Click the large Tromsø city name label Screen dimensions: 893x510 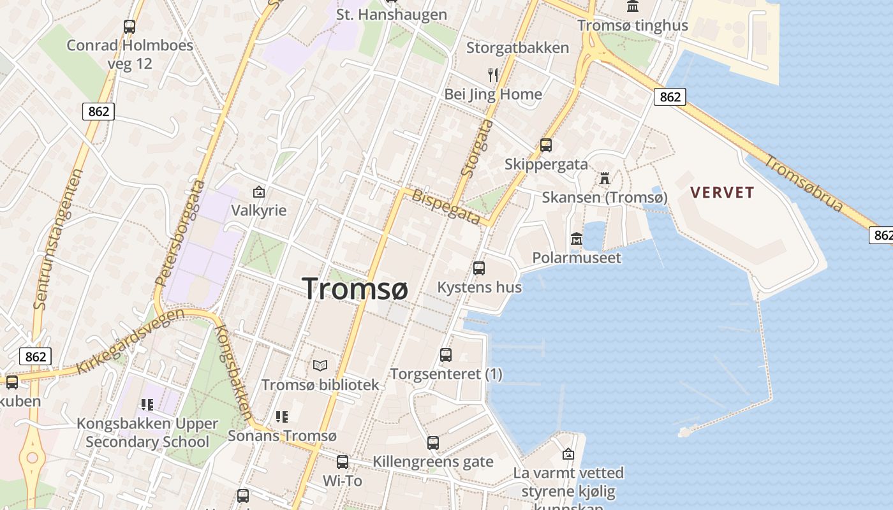point(355,288)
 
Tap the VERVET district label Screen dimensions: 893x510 point(722,193)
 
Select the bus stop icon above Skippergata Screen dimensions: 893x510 point(546,145)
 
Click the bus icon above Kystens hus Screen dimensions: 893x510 point(479,268)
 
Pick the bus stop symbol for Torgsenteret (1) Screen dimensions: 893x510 point(446,354)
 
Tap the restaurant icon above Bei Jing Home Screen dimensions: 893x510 point(492,75)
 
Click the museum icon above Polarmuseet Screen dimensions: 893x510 point(577,239)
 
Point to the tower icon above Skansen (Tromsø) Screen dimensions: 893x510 point(604,178)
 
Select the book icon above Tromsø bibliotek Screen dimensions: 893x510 point(320,366)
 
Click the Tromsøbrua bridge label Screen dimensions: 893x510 point(804,184)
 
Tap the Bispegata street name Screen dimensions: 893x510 point(446,206)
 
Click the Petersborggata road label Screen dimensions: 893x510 point(181,240)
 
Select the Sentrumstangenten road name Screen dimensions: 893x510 point(59,239)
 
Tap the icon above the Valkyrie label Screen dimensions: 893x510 point(259,191)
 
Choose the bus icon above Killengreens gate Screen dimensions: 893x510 point(433,442)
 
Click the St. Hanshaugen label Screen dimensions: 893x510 point(392,14)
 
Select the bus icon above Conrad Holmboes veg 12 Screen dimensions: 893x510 point(129,27)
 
